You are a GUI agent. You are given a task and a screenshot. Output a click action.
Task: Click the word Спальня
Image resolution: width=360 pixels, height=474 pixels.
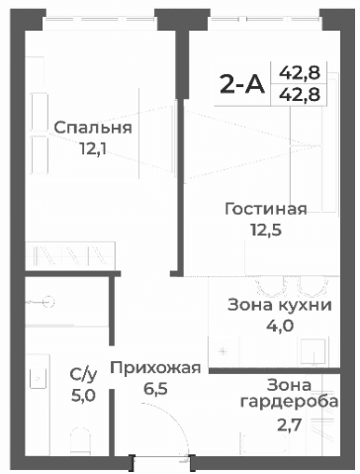(93, 129)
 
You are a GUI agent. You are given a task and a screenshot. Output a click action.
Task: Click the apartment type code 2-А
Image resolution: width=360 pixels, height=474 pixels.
(241, 84)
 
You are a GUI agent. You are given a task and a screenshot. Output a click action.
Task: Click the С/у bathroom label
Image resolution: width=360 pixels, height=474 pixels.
(83, 374)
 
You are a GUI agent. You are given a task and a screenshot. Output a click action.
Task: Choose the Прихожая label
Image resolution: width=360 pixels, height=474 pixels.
(155, 368)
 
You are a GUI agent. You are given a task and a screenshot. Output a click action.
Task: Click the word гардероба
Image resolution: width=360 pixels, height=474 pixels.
(290, 404)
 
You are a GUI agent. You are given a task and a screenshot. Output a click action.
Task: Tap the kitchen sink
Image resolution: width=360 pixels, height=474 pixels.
(315, 352)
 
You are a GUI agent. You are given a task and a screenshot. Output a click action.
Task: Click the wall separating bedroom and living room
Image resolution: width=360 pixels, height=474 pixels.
(177, 148)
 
